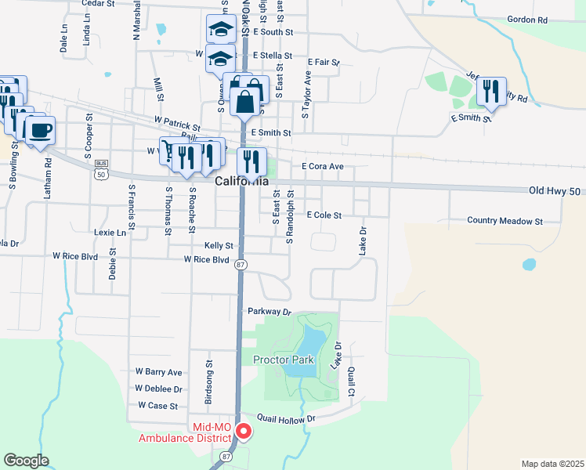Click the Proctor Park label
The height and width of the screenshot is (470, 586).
(x=283, y=360)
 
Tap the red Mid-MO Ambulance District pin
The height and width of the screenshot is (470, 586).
(x=244, y=430)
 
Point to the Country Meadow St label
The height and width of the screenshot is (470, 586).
(x=505, y=222)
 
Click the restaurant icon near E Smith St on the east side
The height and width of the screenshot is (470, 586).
(x=491, y=92)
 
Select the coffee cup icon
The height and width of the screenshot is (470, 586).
(x=40, y=129)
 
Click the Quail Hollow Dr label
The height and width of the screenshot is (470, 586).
(x=285, y=419)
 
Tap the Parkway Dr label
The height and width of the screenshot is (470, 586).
(x=269, y=311)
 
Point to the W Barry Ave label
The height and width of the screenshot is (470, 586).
(x=158, y=372)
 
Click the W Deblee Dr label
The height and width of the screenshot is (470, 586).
(x=158, y=389)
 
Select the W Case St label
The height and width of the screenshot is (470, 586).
(x=158, y=406)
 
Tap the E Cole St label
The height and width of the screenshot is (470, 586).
(x=324, y=215)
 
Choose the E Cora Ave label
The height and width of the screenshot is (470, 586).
(x=323, y=166)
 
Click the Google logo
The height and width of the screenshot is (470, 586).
(x=25, y=461)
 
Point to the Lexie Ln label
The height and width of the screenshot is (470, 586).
(x=110, y=233)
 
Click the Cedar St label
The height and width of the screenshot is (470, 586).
(x=98, y=4)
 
